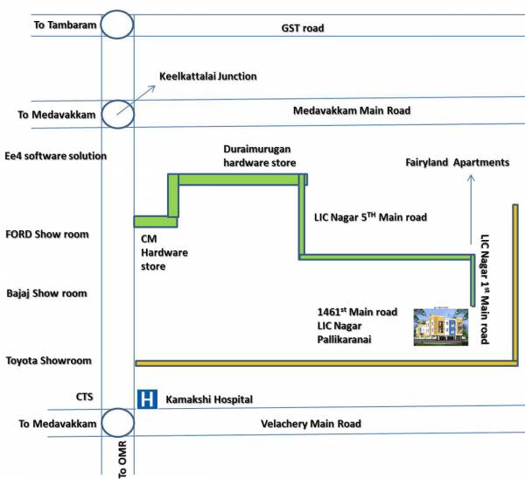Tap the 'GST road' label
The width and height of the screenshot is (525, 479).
303,28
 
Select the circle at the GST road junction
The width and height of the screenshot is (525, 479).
116,24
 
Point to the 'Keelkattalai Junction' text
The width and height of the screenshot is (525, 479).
207,76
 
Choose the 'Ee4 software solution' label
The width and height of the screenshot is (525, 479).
56,156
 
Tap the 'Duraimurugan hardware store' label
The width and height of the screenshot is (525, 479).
259,156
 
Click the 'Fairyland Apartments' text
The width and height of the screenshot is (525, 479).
457,163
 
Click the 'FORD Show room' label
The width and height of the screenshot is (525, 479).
47,235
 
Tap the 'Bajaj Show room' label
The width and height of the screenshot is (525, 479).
47,293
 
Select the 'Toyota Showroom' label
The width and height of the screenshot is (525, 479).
49,361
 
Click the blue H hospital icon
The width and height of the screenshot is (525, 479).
147,399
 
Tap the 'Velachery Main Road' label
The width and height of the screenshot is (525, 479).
311,424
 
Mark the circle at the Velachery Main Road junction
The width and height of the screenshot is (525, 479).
116,423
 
